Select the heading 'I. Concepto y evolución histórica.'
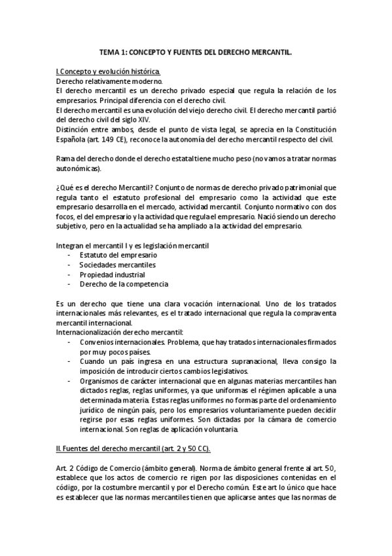click(107, 71)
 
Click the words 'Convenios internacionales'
click(122, 343)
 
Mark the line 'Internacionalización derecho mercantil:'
click(120, 333)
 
